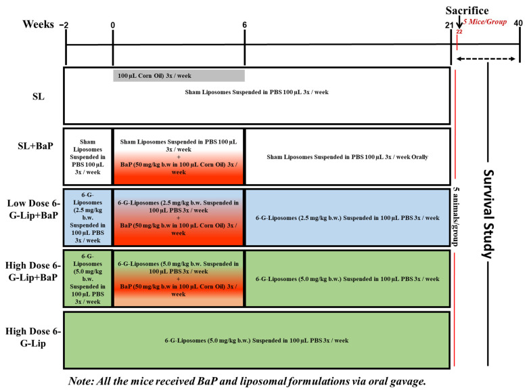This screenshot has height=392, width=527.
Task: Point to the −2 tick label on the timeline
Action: (x=65, y=25)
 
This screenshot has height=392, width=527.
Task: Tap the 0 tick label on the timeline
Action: (x=113, y=25)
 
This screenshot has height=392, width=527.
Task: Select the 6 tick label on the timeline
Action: (x=245, y=25)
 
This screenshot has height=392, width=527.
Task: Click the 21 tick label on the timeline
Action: (x=449, y=25)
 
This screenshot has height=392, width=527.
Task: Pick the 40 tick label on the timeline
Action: (x=518, y=25)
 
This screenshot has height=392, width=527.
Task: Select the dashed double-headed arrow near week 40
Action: (x=488, y=59)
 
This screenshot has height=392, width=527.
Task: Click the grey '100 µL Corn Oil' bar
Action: (x=179, y=74)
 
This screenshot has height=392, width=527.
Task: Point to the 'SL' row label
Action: (x=39, y=96)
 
